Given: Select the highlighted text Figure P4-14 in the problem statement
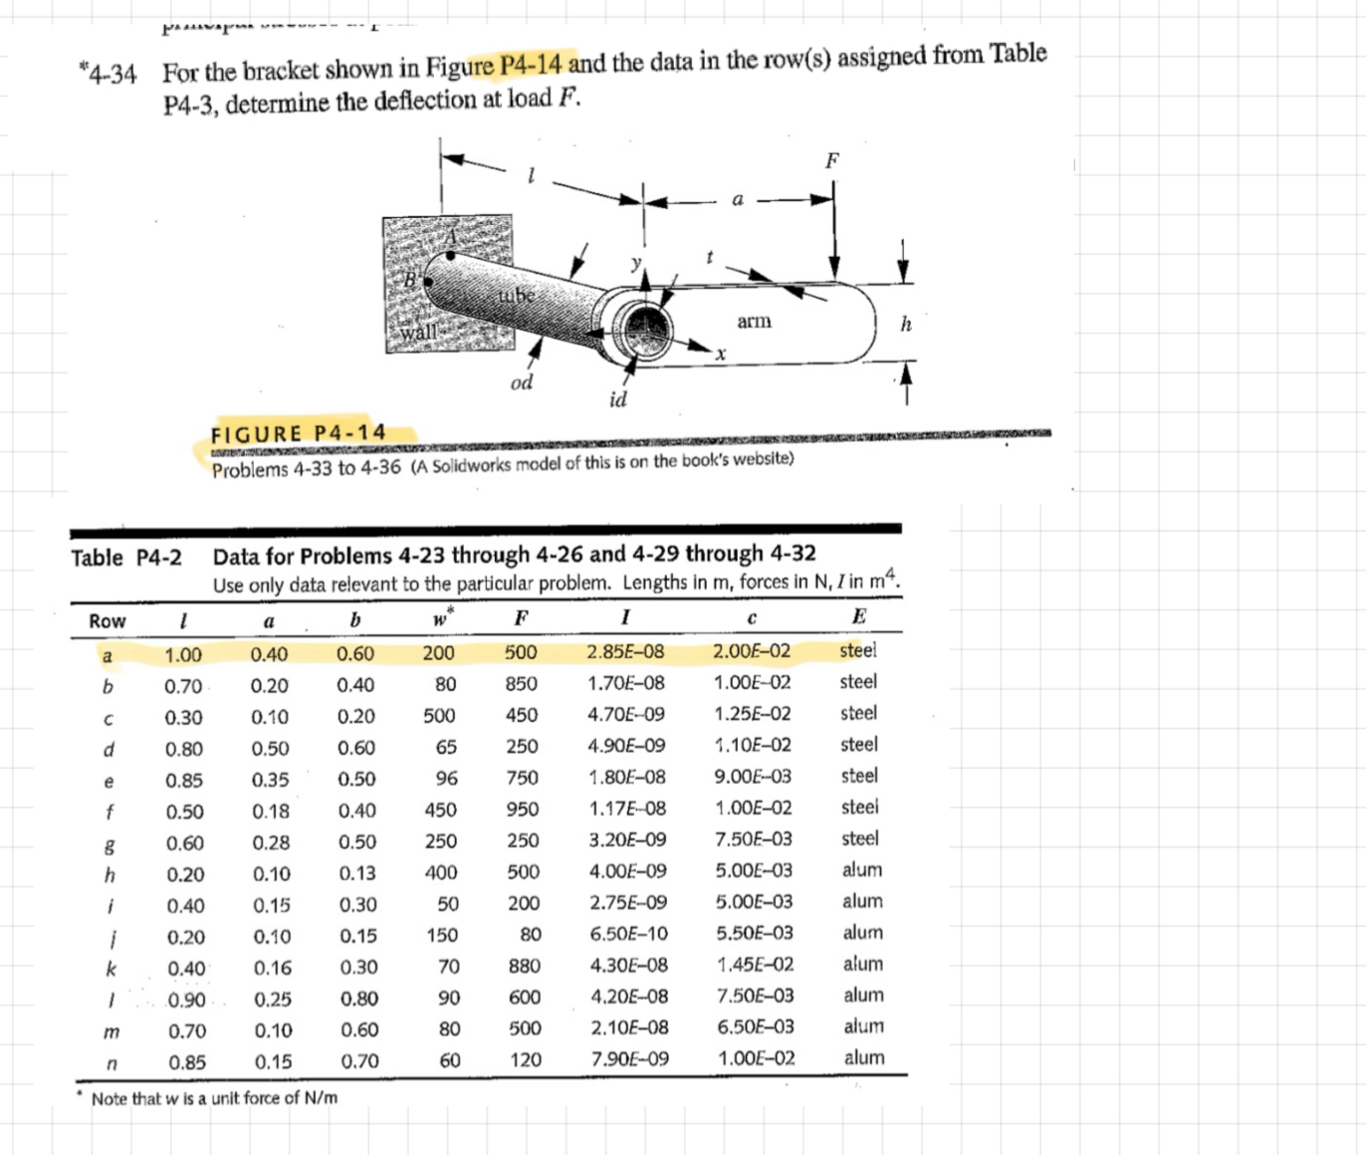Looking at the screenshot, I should pos(494,67).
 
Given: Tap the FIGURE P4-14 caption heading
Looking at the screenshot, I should pos(298,433).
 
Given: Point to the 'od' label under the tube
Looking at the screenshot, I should pos(521,382).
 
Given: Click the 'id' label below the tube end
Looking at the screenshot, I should pos(617,399).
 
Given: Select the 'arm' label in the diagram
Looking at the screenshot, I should pos(754,321).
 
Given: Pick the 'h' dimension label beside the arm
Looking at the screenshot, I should pos(905,324).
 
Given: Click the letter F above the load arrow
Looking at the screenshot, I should pos(832,160).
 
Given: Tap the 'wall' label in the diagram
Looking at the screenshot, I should pos(418,332).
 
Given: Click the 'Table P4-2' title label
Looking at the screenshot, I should pos(125,558).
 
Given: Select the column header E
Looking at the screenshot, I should pos(858,617).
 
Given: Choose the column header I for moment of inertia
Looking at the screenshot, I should pos(624,618).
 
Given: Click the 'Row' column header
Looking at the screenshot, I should pos(108,621).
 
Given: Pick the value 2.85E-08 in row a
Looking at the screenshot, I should pos(625,652).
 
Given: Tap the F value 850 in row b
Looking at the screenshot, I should pos(522,684).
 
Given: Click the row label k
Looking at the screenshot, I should pos(111,968).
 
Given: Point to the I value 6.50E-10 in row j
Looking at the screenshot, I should pos(628,934).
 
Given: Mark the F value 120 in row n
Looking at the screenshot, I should pos(525,1060).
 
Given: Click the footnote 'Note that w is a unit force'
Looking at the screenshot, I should pos(214,1098).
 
